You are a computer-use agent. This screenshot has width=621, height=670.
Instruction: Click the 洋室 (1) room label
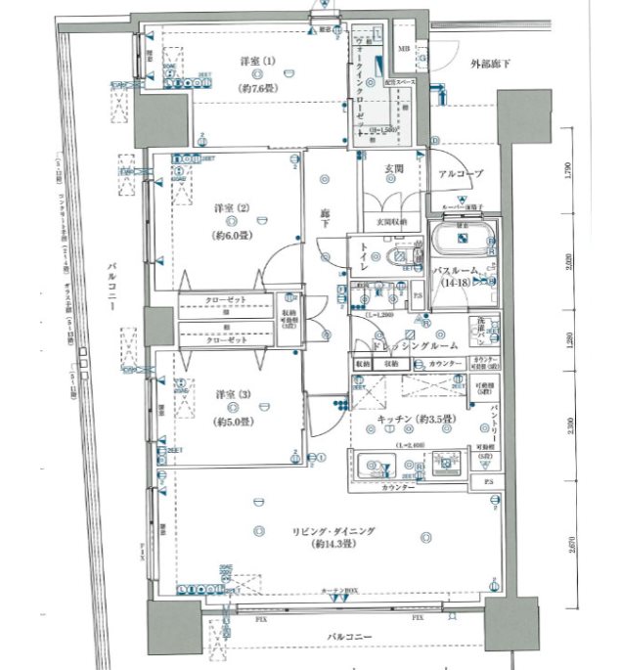258,62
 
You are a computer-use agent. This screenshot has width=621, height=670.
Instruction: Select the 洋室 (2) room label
233,208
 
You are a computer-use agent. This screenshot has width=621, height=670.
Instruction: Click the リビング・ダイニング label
333,530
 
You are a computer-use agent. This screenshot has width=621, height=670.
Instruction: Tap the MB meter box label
402,48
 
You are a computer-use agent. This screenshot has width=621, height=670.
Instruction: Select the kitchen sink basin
375,466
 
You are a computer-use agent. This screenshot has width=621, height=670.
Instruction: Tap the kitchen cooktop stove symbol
448,464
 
